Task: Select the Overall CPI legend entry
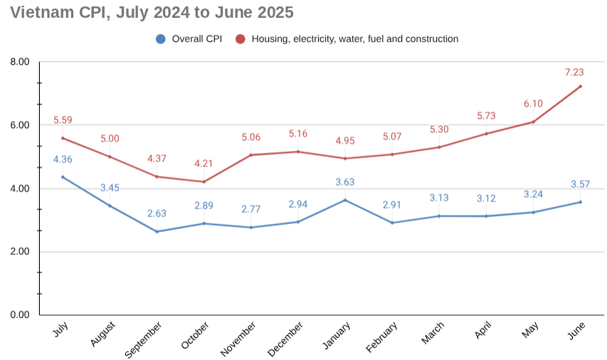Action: click(189, 39)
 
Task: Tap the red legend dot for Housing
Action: click(241, 39)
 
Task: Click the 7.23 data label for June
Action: click(574, 72)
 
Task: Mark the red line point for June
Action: click(580, 87)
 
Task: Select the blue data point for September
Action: click(157, 231)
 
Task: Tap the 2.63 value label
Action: click(157, 213)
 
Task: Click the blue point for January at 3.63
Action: click(345, 200)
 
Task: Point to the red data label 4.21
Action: click(204, 164)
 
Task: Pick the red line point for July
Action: click(63, 138)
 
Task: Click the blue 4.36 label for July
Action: click(63, 159)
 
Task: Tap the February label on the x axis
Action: click(381, 337)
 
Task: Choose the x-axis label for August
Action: click(103, 334)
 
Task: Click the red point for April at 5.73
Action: click(486, 134)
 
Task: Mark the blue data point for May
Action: click(533, 212)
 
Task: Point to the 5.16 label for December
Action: click(298, 134)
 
